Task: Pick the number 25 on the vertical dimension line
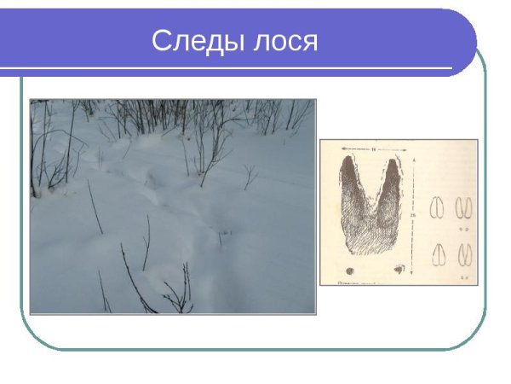coord(415,216)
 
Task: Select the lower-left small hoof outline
coord(439,254)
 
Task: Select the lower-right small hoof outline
coord(465,254)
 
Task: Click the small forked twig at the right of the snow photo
coord(248,176)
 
